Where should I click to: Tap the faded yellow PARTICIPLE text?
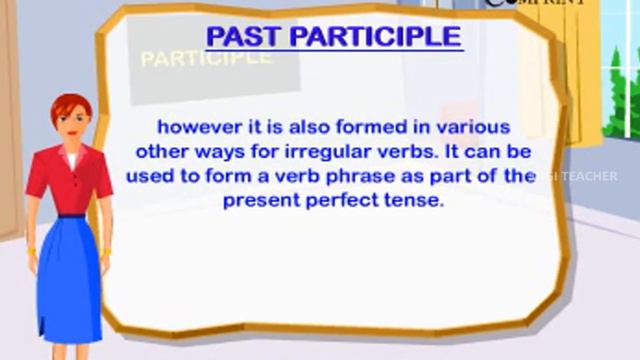coord(206,57)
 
